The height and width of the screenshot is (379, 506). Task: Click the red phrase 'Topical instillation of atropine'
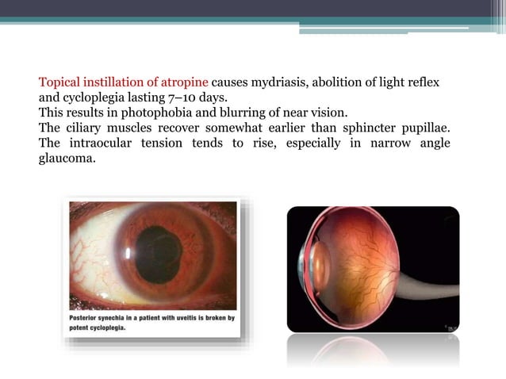(x=124, y=82)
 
